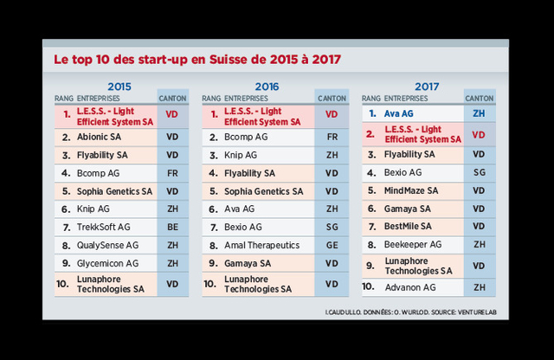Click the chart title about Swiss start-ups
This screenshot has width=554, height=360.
point(196,60)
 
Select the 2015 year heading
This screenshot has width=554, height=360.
point(119,86)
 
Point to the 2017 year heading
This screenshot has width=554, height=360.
point(428,86)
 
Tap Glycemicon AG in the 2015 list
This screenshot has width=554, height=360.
point(107,263)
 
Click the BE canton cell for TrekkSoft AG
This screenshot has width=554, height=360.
point(172,228)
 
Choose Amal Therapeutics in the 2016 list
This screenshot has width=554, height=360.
point(262,245)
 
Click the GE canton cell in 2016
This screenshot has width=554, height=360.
point(332,245)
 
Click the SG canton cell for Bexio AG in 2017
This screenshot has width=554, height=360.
point(479,172)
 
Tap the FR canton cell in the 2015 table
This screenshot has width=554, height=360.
point(172,173)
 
